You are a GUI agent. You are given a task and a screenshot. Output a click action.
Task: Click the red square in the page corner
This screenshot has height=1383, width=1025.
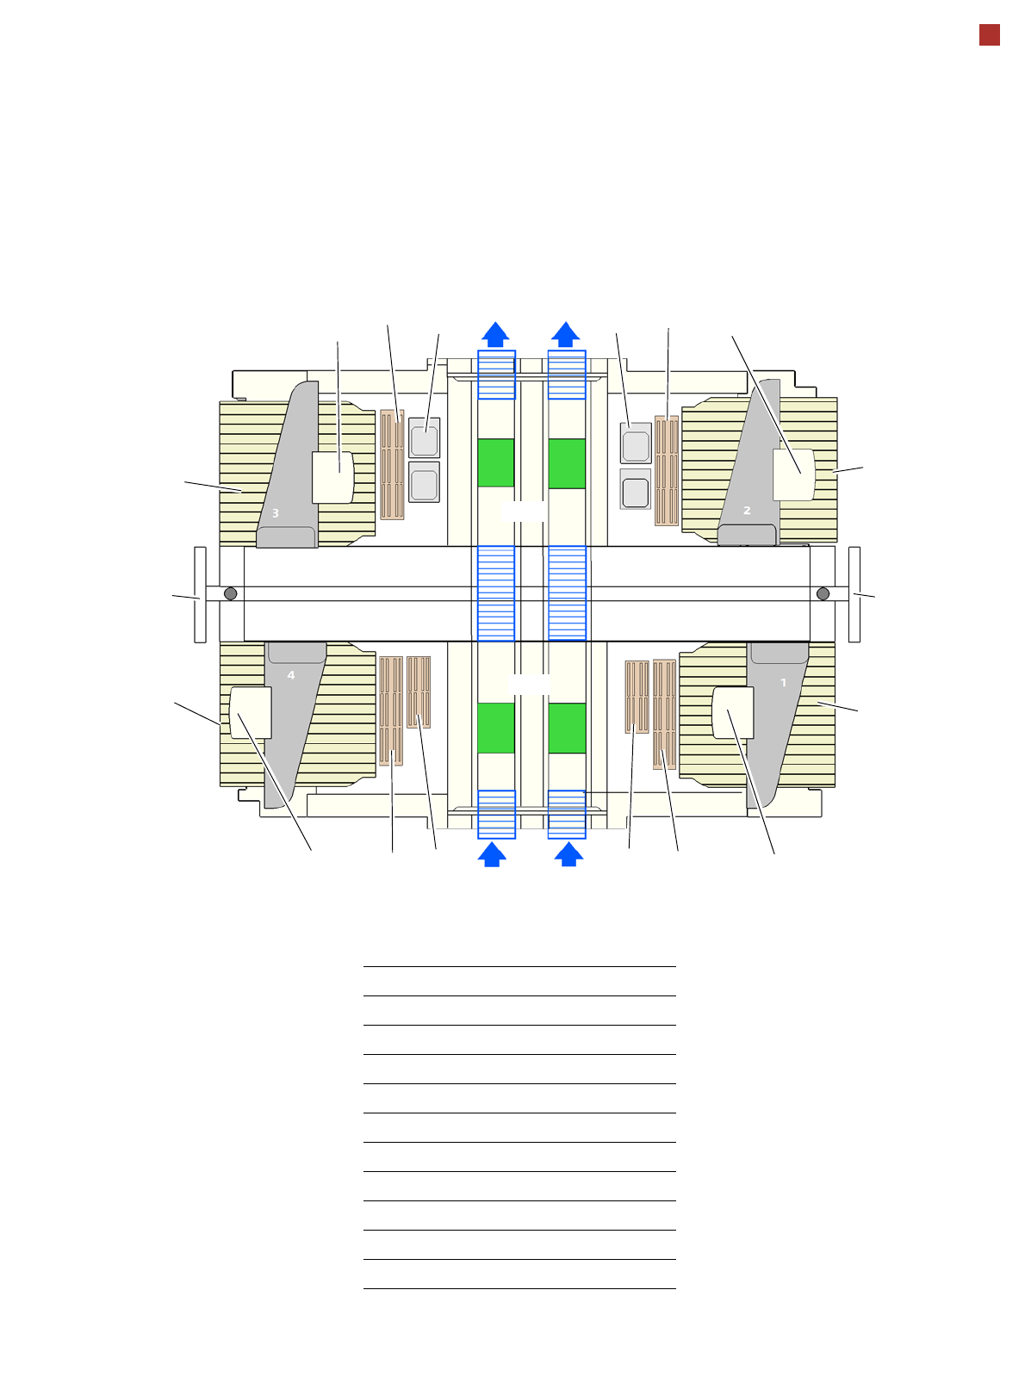point(989,35)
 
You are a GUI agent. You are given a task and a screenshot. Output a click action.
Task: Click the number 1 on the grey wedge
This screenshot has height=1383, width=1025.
point(783,682)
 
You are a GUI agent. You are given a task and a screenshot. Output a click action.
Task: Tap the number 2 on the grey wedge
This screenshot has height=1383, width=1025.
point(747,510)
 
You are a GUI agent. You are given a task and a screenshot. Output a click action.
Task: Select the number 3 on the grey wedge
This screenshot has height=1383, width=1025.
point(275,513)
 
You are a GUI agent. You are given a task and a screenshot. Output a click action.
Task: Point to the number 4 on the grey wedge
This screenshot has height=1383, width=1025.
point(291,674)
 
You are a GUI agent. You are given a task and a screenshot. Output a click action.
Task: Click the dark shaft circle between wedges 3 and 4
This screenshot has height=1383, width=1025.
point(230,593)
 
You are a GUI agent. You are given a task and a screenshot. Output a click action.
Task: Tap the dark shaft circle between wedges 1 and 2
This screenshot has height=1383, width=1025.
point(823,593)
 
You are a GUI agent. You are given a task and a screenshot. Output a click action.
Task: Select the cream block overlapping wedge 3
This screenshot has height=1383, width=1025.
point(332,477)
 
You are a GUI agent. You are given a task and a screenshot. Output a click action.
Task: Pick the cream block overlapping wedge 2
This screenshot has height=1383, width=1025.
point(793,474)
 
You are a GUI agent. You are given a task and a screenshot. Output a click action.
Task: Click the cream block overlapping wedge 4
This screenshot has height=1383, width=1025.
point(250,712)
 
